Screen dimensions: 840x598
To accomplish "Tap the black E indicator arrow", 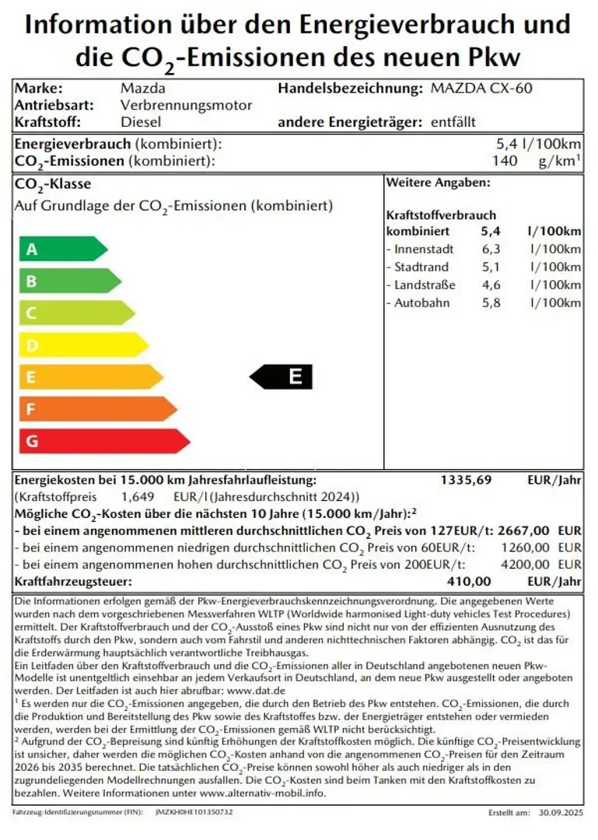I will [x=282, y=377].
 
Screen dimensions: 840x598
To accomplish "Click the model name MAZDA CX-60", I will [x=481, y=88].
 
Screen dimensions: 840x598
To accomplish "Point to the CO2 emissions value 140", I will [x=505, y=161].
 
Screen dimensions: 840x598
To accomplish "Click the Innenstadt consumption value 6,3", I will [x=491, y=250].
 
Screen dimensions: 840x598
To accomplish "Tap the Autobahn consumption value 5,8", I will [x=491, y=303].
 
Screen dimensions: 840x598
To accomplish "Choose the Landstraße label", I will [x=425, y=285].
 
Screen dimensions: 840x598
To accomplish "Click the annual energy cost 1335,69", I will [x=466, y=480].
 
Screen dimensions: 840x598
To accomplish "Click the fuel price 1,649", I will [x=138, y=497].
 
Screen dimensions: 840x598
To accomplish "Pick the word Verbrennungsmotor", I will [x=186, y=105].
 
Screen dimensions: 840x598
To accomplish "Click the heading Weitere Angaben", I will [x=438, y=183].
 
